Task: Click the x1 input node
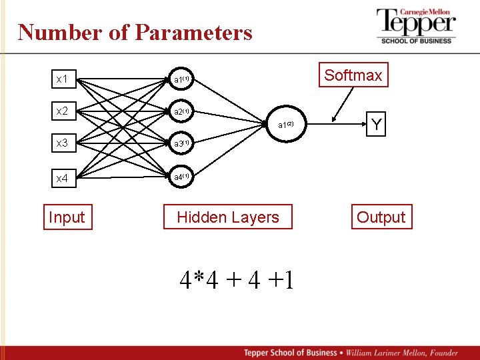(x=62, y=79)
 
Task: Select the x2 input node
(x=62, y=111)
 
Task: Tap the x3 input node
(x=62, y=143)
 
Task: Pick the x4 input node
(x=62, y=178)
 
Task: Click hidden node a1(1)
(x=182, y=79)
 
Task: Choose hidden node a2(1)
(x=182, y=111)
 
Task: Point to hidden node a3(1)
(x=182, y=143)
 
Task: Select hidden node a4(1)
(x=182, y=177)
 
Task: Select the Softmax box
(x=353, y=75)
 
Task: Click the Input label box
(x=67, y=217)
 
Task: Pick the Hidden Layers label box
(x=228, y=217)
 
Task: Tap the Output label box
(x=381, y=217)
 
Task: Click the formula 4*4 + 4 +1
(x=237, y=279)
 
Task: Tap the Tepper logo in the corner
(x=416, y=26)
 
